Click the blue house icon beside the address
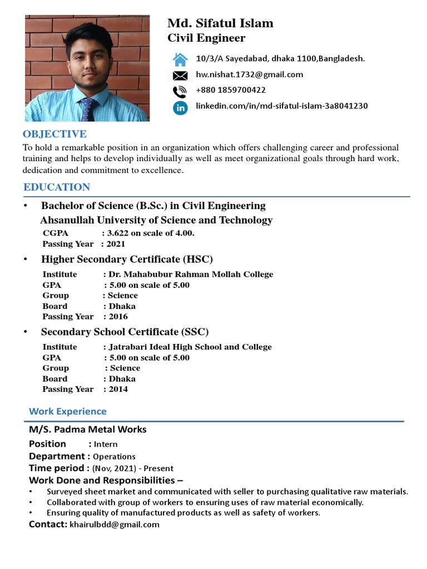point(180,59)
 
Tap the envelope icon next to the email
point(180,75)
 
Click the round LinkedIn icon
point(180,107)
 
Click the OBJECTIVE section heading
point(54,134)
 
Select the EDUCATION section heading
point(57,187)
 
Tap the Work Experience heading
point(67,412)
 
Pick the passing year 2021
point(116,244)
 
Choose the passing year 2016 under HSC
point(118,317)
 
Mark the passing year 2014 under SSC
point(118,390)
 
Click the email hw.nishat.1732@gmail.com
point(250,74)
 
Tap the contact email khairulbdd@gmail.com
point(115,525)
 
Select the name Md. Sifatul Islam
point(220,23)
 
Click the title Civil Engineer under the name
point(206,38)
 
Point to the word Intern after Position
point(106,445)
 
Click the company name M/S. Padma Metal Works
point(88,430)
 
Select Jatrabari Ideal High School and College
point(190,347)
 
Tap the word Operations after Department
point(114,457)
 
